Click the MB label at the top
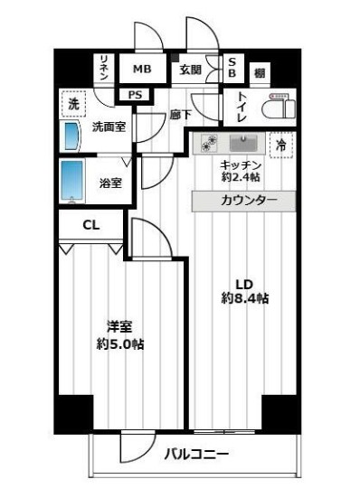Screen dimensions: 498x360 tap(142, 70)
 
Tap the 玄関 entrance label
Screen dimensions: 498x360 tap(190, 70)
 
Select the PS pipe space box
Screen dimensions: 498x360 tap(136, 94)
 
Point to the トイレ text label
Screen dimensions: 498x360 tap(243, 106)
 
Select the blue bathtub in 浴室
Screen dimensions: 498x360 tap(73, 182)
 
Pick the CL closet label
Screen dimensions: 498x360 tap(90, 225)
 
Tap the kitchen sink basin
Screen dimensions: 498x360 tap(242, 144)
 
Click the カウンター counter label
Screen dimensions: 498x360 tap(243, 201)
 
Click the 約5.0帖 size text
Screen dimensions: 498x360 tap(121, 343)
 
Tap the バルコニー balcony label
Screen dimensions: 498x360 tap(196, 455)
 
